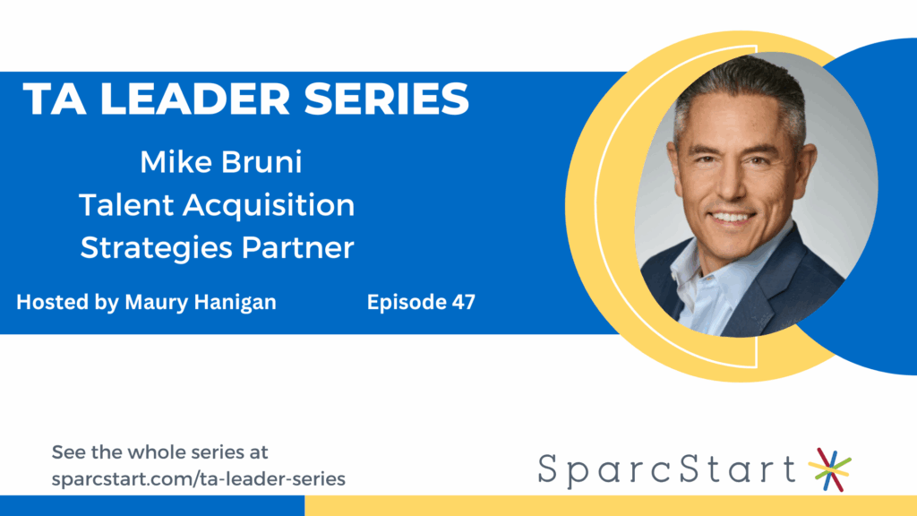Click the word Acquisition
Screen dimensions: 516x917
[269, 205]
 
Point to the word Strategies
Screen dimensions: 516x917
[156, 247]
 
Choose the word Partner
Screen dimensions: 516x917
[296, 247]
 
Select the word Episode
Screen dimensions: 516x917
[402, 303]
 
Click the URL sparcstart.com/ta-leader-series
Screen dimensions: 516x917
[199, 479]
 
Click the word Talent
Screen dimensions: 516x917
[125, 205]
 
